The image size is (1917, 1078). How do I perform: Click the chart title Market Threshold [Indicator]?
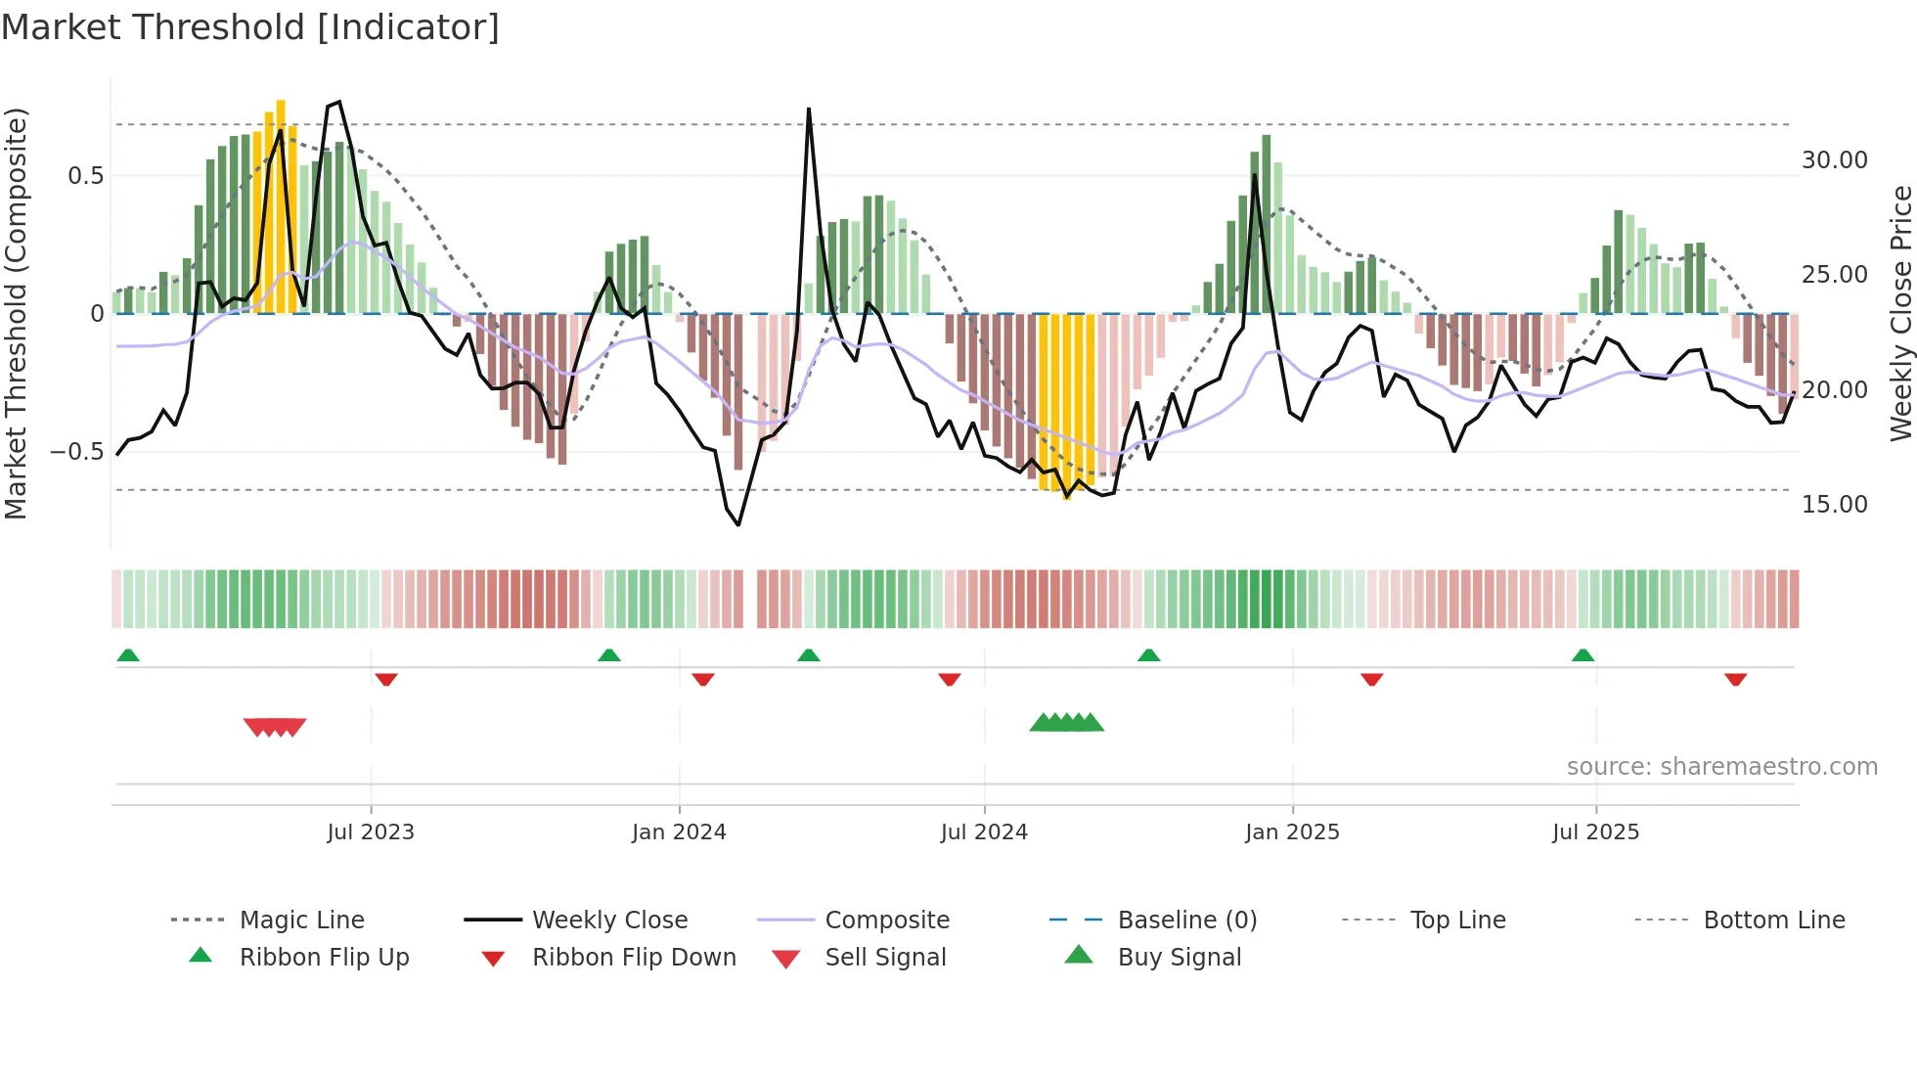coord(250,27)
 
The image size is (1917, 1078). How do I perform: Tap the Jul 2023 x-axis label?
coord(371,832)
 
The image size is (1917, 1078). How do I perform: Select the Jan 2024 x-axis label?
coord(679,832)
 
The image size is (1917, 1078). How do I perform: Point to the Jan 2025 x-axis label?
coord(1292,832)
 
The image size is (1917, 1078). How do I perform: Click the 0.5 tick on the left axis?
coord(85,176)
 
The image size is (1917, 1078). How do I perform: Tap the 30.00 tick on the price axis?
coord(1835,160)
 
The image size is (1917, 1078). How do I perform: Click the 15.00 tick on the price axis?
coord(1835,505)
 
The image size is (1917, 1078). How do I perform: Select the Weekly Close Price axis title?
coord(1900,313)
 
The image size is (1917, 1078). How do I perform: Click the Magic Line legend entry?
coord(301,921)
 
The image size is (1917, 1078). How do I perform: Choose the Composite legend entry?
coord(887,921)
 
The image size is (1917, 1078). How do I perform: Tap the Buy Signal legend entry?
coord(1180,958)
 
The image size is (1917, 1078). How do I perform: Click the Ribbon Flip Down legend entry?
coord(634,958)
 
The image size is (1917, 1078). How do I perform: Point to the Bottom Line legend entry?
coord(1774,921)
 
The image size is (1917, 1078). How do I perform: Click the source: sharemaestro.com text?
coord(1721,767)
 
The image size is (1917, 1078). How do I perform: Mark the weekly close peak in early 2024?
coord(809,110)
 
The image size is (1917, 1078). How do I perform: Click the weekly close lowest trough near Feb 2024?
coord(738,524)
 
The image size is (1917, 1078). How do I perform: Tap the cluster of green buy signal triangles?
coord(1067,723)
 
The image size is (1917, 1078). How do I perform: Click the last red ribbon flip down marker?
coord(1736,679)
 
